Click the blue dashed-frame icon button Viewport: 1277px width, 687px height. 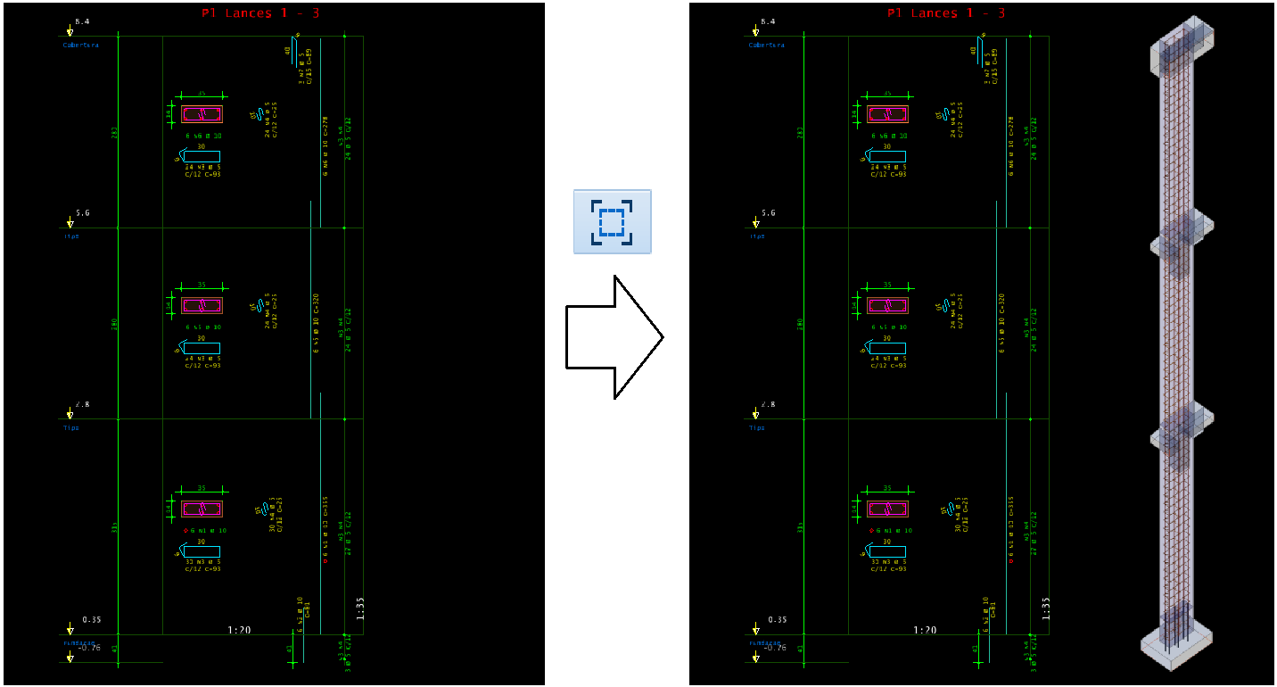pos(612,221)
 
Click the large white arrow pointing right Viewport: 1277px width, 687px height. pos(614,336)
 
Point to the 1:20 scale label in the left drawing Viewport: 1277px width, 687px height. pos(239,630)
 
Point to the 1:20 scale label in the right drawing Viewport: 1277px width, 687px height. pos(925,630)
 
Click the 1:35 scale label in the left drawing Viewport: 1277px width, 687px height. pos(360,608)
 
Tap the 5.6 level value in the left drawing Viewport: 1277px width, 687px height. pos(82,213)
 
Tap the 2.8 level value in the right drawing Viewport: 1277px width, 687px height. pos(768,404)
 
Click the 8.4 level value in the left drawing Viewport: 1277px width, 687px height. pos(82,21)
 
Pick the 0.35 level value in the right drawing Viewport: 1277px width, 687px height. pos(777,619)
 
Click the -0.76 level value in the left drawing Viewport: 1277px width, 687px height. pos(90,649)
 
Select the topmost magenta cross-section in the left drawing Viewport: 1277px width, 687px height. pos(202,114)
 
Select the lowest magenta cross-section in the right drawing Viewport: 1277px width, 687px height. pos(887,509)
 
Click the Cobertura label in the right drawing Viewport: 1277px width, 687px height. pos(767,45)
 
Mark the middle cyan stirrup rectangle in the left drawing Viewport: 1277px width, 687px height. pos(202,348)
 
